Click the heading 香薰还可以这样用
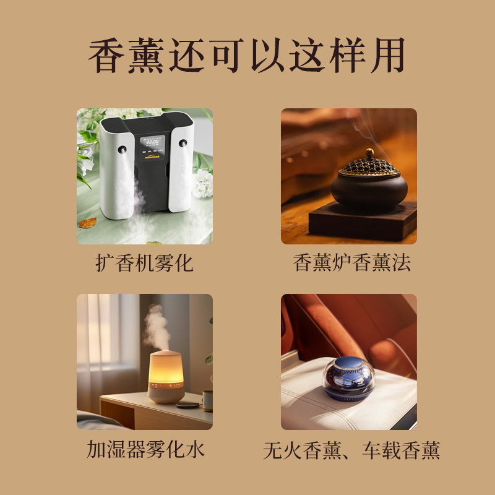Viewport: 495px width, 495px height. coord(246,56)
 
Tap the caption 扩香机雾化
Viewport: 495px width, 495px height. coord(144,263)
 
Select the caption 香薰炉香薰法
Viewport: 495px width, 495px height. coord(351,262)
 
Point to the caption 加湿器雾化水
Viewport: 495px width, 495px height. coord(145,449)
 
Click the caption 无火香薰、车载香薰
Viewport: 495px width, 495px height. coord(351,450)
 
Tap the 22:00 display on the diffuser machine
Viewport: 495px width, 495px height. coord(152,142)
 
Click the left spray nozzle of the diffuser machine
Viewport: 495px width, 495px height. coord(122,150)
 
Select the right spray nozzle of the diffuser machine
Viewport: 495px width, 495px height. coord(183,143)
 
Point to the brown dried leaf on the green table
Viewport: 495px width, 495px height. coord(87,223)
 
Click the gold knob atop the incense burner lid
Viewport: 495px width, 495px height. coord(369,153)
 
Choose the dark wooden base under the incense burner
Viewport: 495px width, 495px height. coord(363,222)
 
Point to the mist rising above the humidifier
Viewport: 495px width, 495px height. coord(156,327)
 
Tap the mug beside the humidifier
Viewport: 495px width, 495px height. coord(207,401)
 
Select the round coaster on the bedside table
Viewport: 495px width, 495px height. coord(187,405)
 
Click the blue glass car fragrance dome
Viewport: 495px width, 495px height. coord(349,379)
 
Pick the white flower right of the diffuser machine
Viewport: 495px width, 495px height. coord(202,184)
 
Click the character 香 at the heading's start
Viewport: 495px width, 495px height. coord(106,56)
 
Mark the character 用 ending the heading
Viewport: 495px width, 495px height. coord(388,56)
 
